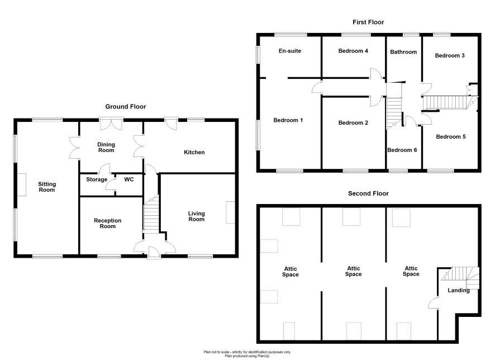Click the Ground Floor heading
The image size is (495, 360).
tap(126, 107)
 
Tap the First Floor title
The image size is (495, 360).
tap(368, 22)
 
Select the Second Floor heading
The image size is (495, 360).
tap(368, 193)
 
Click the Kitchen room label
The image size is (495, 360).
tap(194, 152)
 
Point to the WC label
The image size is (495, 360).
tap(129, 179)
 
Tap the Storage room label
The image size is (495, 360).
tap(97, 179)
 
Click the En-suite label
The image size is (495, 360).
tap(290, 51)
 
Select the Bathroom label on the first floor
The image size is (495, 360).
tap(403, 52)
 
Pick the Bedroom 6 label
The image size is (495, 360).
tap(402, 150)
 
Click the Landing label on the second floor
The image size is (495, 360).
tap(458, 290)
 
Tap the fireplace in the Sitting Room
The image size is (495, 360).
tap(21, 184)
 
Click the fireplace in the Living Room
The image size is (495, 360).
tap(230, 212)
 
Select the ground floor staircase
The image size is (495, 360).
tap(151, 215)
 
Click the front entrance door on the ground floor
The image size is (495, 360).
tap(154, 253)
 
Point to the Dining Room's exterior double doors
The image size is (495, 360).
tap(111, 124)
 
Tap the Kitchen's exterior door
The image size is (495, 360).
tap(171, 124)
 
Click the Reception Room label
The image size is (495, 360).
tap(107, 223)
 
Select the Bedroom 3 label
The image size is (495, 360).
tap(450, 55)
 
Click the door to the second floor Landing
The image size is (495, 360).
tap(434, 302)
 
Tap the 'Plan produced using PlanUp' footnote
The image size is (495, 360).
tap(247, 356)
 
